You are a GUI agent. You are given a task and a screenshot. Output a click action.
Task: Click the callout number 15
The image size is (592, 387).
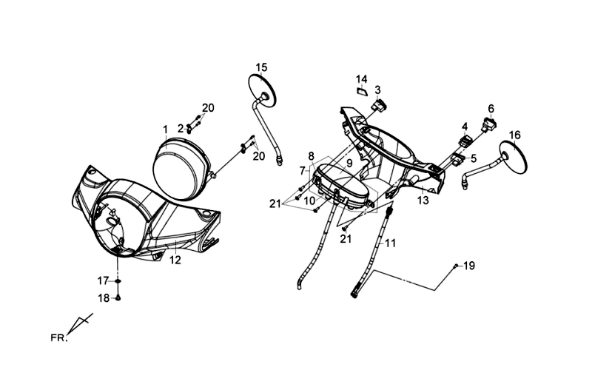[x=261, y=68]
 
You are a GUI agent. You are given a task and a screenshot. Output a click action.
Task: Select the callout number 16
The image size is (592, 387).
[x=515, y=135]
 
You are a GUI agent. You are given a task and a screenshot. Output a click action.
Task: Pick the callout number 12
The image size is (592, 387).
[x=175, y=260]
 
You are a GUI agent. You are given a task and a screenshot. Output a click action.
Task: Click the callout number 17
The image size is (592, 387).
[x=104, y=280]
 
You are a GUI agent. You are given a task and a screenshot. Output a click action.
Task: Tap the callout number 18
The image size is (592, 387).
[x=104, y=297]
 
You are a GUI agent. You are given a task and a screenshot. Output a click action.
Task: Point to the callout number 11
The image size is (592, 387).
[x=390, y=243]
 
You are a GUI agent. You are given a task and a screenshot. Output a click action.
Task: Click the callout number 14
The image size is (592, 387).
[x=361, y=79]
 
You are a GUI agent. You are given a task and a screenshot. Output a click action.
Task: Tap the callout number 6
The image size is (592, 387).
[x=491, y=108]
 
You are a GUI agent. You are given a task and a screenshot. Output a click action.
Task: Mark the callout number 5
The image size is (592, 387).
[x=474, y=158]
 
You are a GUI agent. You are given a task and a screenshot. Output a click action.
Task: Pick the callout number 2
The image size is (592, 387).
[x=180, y=128]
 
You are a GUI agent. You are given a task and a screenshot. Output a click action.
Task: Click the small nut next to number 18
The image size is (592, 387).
[x=118, y=297]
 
